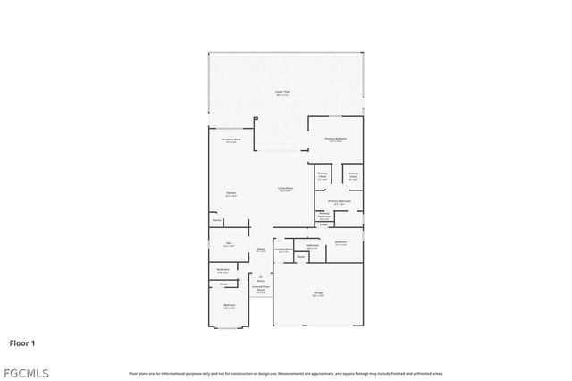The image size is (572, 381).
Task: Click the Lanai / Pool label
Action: point(287,93)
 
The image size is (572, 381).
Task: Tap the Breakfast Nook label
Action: point(230,140)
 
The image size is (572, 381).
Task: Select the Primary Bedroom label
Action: point(336,139)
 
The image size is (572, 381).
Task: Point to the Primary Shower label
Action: point(323,175)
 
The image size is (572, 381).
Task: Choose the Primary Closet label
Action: point(353,175)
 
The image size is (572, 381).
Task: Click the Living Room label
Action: point(286,189)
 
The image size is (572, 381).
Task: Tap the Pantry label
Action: point(216,220)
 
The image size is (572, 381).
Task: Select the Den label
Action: point(229,244)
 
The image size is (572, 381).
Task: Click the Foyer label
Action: point(260,250)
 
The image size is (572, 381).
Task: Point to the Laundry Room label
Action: point(283,250)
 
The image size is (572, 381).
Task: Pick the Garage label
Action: point(318,293)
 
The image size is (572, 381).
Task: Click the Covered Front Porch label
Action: point(260,289)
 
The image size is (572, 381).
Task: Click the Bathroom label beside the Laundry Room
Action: point(313,246)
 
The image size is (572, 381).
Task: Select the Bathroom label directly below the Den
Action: point(223,270)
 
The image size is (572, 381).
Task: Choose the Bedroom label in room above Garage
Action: point(341,243)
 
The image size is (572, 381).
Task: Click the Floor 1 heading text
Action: point(22,343)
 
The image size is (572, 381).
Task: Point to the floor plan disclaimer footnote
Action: point(286,373)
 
